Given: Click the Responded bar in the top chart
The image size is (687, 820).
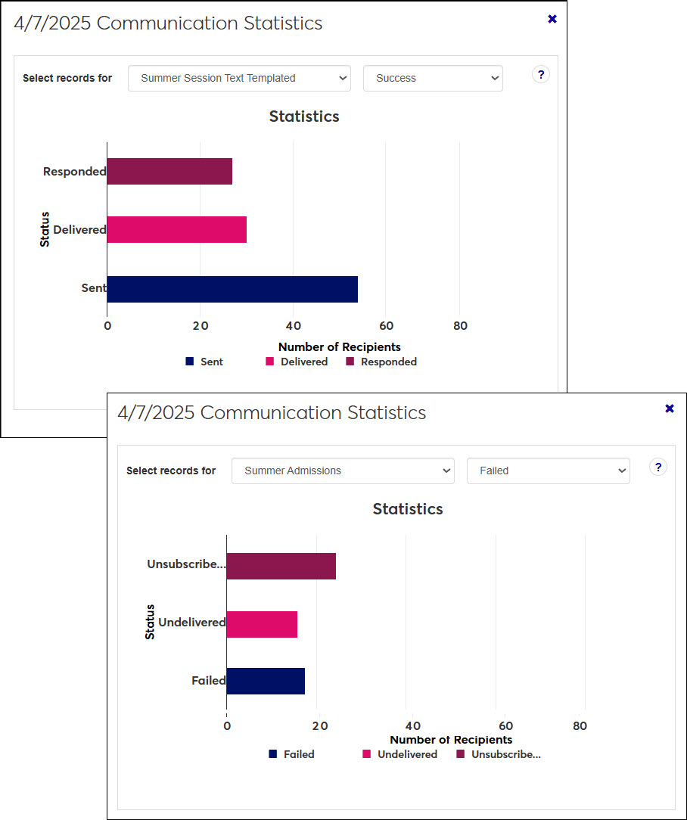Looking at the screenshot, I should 169,172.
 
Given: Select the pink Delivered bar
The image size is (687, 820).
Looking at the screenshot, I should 176,229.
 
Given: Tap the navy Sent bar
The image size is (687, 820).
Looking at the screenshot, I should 232,289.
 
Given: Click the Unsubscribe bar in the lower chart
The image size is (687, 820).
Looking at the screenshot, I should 281,566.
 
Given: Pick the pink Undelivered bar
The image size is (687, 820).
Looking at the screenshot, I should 262,624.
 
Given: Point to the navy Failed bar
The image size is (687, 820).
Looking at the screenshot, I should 266,681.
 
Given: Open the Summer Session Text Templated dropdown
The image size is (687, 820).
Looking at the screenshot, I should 239,78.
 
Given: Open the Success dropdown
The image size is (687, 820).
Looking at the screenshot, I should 433,78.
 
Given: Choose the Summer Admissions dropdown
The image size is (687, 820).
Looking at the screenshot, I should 343,471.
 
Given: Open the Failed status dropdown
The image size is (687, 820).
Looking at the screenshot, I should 548,471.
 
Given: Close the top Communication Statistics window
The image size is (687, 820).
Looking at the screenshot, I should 552,19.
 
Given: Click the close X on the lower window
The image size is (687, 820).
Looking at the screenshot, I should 670,408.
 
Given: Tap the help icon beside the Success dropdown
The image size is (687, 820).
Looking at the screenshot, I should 540,74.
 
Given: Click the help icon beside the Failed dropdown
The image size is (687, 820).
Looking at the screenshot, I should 658,467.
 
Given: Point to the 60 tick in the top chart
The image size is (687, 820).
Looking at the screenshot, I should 386,326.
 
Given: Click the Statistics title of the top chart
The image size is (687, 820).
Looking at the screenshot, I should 304,116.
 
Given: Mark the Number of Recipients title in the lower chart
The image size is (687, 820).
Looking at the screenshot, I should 451,740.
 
